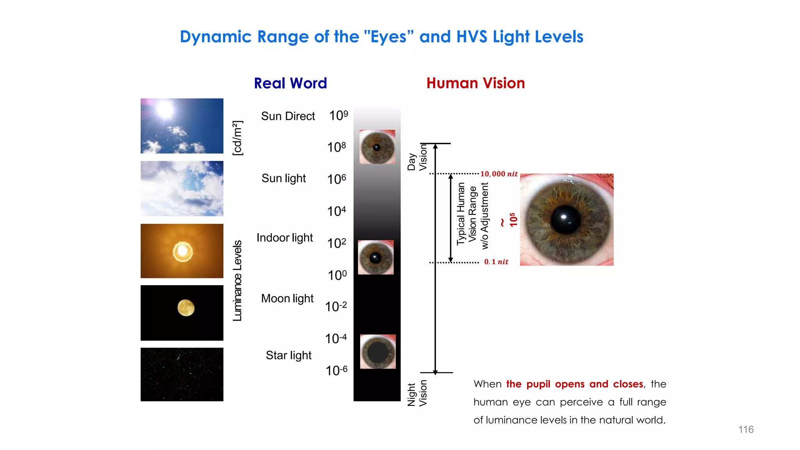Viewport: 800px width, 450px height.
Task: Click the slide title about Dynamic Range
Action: coord(381,37)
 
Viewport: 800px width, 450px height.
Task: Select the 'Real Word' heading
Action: coord(290,83)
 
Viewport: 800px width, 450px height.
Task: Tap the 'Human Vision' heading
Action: coord(475,83)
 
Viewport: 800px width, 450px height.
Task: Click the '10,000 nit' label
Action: coord(498,174)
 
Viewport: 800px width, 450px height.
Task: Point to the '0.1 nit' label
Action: coord(496,262)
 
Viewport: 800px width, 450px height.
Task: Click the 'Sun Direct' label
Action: coord(288,116)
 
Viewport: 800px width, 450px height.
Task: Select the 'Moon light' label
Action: coord(287,298)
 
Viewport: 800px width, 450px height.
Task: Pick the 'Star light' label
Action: coord(288,355)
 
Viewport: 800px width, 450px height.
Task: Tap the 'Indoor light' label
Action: coord(284,237)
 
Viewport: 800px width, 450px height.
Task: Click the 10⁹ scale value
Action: coord(338,116)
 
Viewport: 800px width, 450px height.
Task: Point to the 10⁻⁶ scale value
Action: coord(336,370)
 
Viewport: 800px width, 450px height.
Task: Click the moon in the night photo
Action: coord(186,308)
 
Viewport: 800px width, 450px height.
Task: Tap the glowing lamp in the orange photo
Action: coord(182,251)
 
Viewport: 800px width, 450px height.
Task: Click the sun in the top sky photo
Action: coord(165,109)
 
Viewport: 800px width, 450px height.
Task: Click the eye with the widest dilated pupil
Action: coord(377,352)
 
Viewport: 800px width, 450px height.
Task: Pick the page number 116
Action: coord(746,429)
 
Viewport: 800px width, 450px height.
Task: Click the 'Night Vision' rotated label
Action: coord(417,394)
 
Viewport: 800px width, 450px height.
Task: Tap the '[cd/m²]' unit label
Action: coord(237,138)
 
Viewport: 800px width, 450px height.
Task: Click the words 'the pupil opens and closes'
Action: coord(574,384)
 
